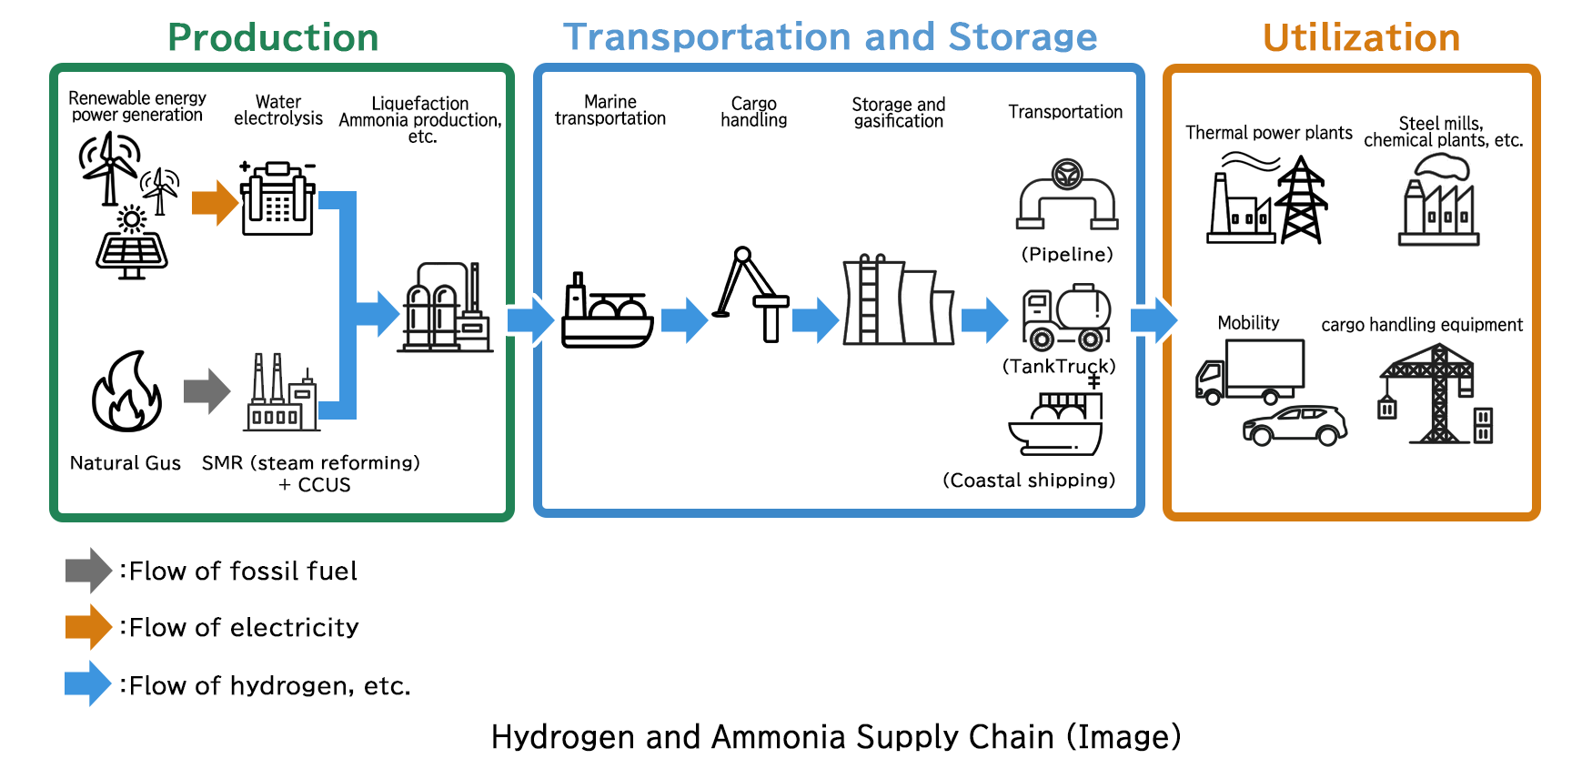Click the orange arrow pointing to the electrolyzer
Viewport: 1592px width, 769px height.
coord(215,202)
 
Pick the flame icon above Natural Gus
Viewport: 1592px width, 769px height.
coord(127,392)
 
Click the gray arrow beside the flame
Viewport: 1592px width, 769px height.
coord(207,391)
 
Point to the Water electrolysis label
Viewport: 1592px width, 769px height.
coord(278,110)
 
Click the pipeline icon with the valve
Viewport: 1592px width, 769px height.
coord(1067,195)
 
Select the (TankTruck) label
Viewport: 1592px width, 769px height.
coord(1059,366)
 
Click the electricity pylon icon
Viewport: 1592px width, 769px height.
coord(1301,200)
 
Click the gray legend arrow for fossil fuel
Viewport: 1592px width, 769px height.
coord(88,571)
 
